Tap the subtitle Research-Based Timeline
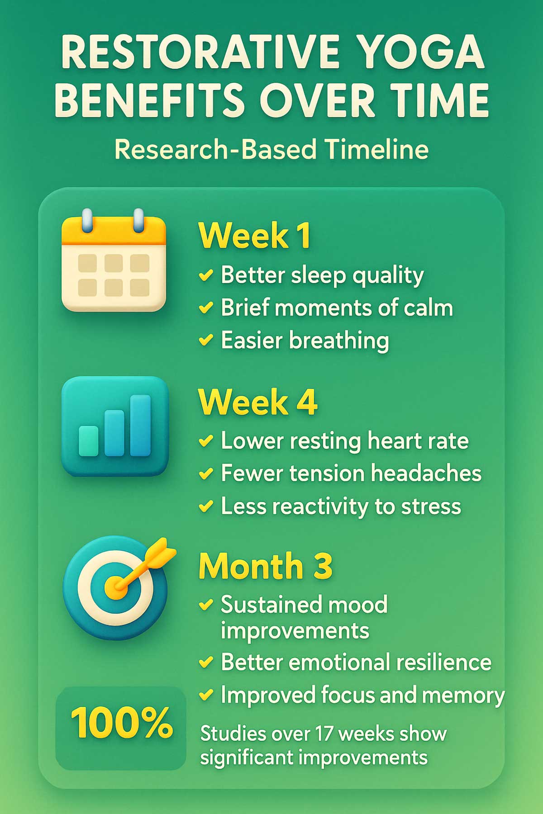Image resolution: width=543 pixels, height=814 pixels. tap(271, 149)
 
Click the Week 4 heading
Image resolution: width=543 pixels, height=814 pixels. tap(258, 402)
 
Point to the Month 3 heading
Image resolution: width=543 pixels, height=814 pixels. tap(266, 566)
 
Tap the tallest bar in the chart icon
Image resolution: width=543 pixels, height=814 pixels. tap(140, 426)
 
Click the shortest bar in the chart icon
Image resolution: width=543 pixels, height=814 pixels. tap(89, 440)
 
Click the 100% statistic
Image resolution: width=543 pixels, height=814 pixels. tap(122, 723)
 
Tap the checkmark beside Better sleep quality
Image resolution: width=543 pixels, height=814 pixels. tap(206, 275)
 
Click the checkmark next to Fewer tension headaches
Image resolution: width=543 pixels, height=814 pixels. tap(206, 473)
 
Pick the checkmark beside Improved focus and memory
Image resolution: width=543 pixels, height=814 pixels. tap(206, 695)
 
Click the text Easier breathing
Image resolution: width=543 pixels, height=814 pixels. tap(305, 340)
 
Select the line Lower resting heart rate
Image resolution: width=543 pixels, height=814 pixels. tap(344, 440)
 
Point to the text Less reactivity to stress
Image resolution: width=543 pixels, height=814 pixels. tap(341, 506)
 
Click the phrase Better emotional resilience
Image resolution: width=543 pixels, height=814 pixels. tap(356, 663)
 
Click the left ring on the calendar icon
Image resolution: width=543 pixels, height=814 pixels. tap(87, 220)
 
